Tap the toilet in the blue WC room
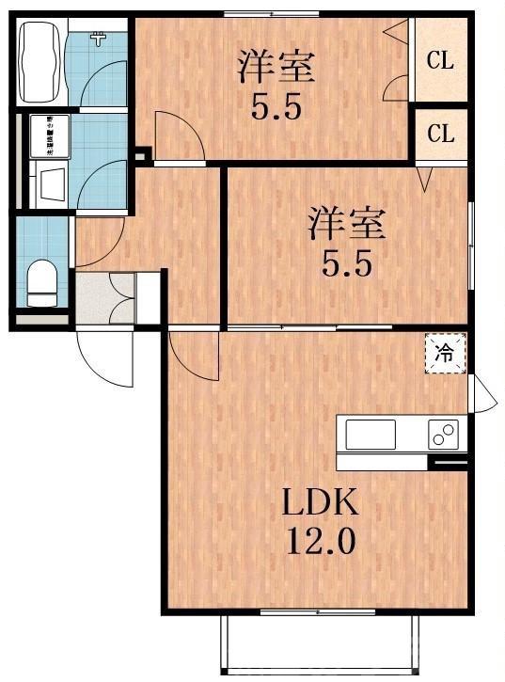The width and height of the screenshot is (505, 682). pos(41,282)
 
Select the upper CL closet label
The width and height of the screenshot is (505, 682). pos(440,61)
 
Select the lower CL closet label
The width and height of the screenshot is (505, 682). pos(440,134)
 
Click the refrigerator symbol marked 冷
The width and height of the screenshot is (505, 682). pos(445,354)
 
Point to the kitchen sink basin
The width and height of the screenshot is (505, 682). pos(371,435)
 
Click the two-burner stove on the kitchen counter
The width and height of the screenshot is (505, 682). pos(443,435)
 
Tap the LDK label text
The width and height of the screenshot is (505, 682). pos(322,503)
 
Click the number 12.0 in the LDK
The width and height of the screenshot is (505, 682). pos(322,543)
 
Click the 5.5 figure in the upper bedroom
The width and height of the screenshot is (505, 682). pos(275,108)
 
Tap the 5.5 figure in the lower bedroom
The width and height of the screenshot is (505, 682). pos(348,265)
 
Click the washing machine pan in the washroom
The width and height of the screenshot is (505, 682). pos(48,135)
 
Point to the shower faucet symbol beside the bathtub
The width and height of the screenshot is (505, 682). pos(97,40)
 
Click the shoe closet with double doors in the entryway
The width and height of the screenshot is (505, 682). pos(121,298)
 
